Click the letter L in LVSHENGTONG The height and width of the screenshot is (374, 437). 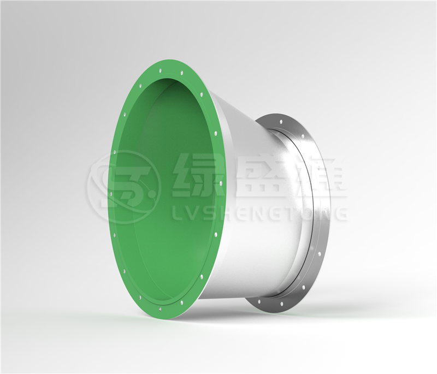[177, 213]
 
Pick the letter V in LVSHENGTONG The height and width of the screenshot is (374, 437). [192, 213]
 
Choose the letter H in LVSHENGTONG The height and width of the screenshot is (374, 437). [227, 213]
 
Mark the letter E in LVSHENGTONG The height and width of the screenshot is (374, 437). [244, 213]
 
